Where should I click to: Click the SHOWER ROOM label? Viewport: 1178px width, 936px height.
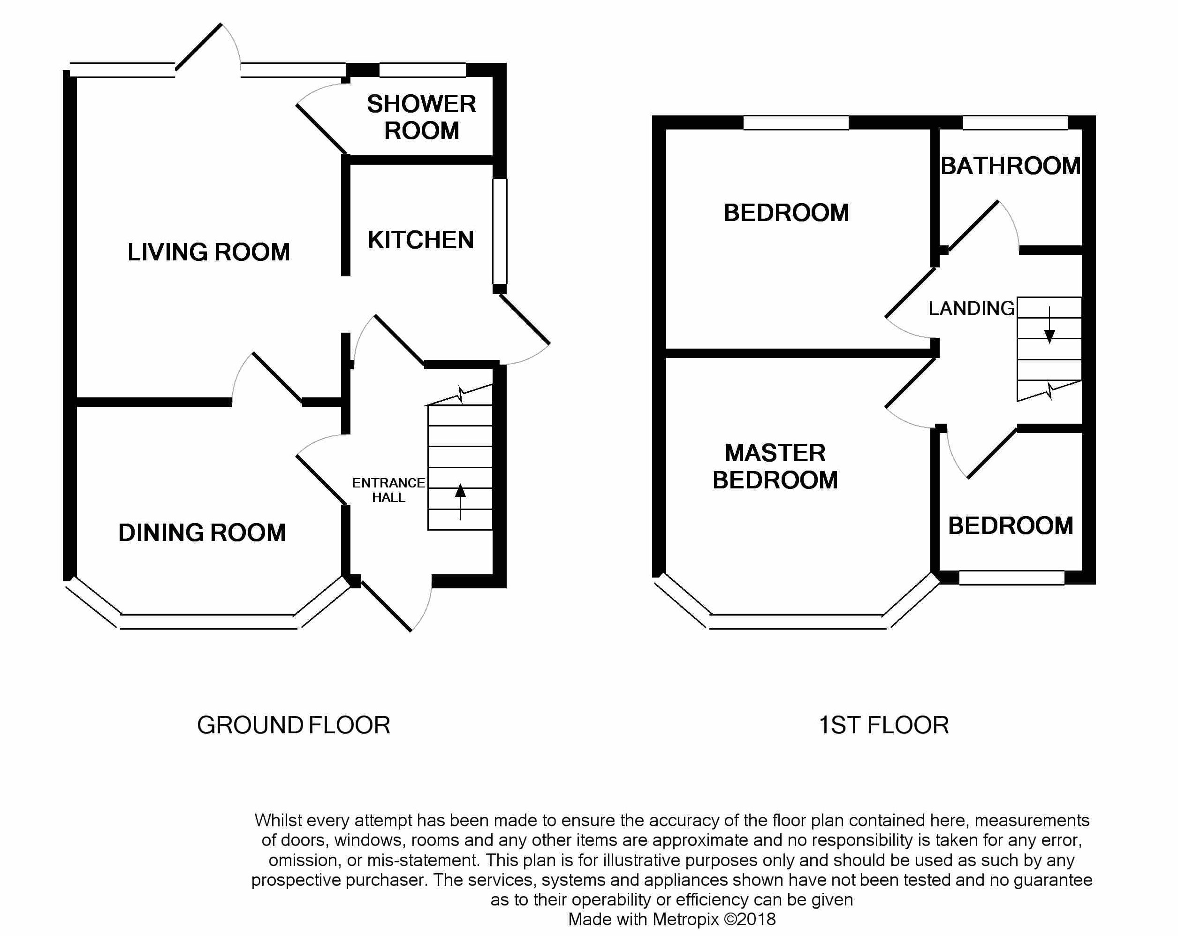coord(421,117)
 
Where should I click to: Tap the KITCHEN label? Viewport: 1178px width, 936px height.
coord(421,240)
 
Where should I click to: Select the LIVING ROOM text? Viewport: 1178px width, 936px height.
coord(209,252)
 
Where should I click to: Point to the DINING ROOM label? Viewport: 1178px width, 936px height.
coord(202,533)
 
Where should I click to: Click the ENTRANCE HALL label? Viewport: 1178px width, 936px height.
coord(388,490)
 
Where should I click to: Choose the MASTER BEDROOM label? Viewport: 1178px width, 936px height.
coord(775,467)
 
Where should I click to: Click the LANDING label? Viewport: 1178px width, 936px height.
coord(972,308)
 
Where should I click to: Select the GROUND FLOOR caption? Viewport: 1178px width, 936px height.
coord(293,725)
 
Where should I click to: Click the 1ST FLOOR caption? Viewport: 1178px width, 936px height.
coord(883,725)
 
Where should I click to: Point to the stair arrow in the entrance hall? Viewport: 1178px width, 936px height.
coord(460,502)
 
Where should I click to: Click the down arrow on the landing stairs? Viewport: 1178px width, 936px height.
coord(1049,325)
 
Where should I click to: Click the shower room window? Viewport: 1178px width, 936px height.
coord(422,70)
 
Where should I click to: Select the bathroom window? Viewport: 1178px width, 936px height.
coord(1015,122)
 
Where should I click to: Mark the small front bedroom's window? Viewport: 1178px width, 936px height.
coord(1012,578)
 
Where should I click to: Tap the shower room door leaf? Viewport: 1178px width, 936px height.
coord(322,129)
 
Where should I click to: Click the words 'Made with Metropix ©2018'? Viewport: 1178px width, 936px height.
coord(672,919)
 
